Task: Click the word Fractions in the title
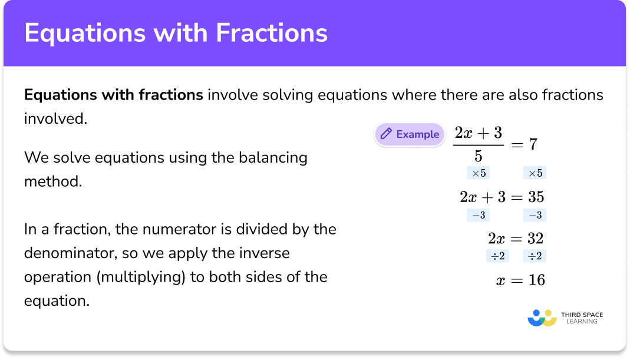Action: point(271,33)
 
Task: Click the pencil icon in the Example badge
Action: point(387,134)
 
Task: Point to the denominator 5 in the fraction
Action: point(479,157)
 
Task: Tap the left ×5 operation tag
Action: point(478,173)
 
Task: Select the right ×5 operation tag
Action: point(535,173)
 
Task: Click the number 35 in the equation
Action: point(536,197)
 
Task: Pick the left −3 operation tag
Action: point(478,216)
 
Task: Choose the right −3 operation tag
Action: point(535,216)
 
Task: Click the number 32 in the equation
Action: point(536,239)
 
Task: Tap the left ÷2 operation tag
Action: point(497,256)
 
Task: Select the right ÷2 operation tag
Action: point(535,256)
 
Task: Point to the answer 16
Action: point(536,280)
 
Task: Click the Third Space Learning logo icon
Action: point(542,318)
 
